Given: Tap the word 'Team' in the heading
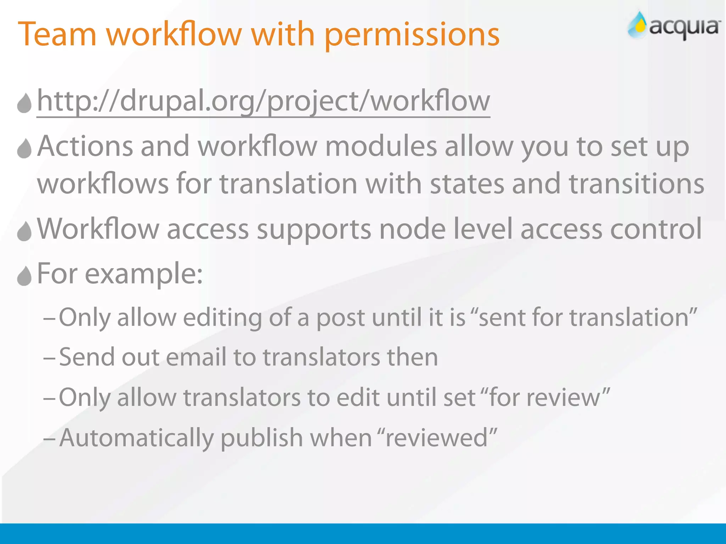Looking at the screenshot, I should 57,34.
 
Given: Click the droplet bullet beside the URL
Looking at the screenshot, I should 24,103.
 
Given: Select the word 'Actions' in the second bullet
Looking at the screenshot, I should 85,146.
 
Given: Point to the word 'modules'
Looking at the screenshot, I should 381,146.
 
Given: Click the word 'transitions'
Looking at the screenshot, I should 636,184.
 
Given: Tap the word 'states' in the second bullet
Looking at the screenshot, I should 467,184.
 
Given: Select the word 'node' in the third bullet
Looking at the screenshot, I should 412,229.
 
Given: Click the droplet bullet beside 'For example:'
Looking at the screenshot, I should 24,276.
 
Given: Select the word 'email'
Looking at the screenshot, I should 196,357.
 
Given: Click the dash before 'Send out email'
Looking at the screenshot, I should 49,358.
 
